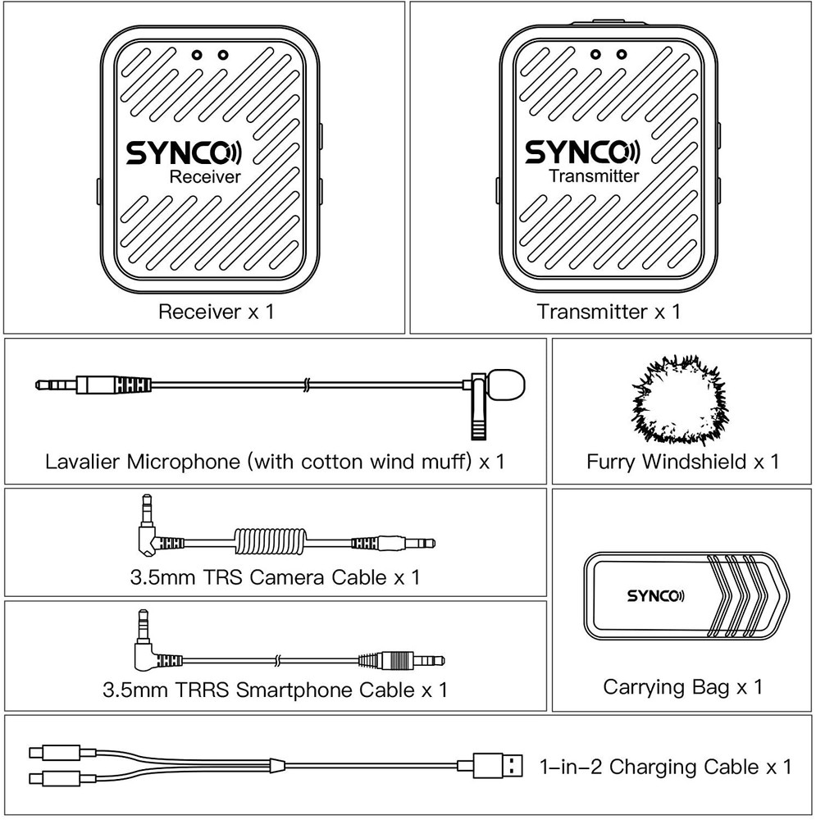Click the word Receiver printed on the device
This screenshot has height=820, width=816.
[204, 177]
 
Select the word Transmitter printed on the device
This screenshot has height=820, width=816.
[594, 176]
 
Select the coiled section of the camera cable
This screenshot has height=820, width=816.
[271, 542]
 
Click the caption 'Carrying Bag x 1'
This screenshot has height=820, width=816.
[682, 686]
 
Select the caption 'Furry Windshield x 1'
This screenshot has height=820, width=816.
[682, 461]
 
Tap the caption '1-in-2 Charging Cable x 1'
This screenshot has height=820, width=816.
[665, 768]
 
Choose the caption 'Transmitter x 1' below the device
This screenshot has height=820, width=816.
[609, 312]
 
